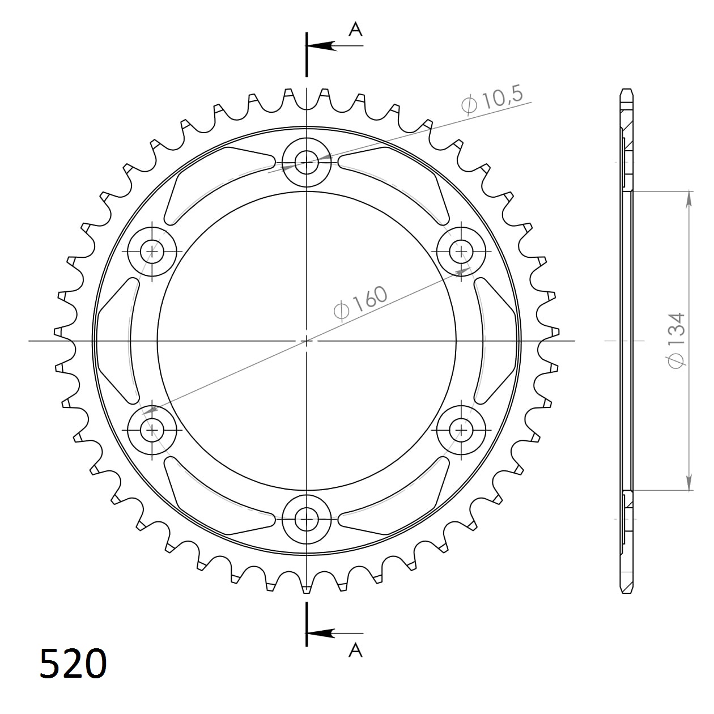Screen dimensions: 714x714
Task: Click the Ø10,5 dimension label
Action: coord(492,101)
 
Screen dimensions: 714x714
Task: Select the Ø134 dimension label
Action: coord(677,340)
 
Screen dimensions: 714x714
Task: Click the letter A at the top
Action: coord(355,29)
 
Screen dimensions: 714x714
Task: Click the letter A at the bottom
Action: coord(355,651)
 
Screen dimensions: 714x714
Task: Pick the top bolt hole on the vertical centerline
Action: coord(307,162)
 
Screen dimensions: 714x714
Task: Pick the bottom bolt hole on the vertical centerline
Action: coord(307,518)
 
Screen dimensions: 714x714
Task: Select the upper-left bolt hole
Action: coord(152,250)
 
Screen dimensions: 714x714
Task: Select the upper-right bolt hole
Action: coord(462,250)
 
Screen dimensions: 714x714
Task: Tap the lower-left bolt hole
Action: coord(152,430)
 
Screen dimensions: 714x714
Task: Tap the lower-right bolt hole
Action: coord(462,430)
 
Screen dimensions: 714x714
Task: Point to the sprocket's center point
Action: coord(307,341)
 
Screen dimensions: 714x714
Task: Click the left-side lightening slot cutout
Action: coord(116,340)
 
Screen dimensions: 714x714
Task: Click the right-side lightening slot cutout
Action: coord(498,340)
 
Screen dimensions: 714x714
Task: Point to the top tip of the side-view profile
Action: coord(626,90)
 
